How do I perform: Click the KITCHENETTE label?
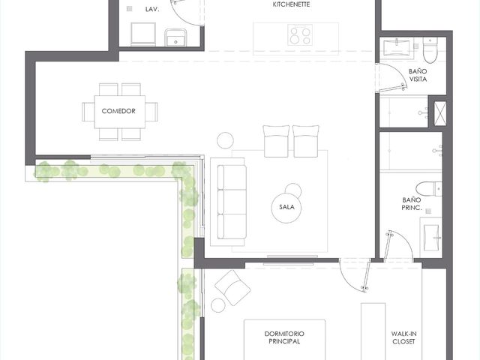[291, 4]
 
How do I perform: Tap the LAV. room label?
[152, 10]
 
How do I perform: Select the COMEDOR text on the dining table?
[118, 111]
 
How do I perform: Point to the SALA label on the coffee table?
[286, 207]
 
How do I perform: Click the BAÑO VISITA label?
[418, 75]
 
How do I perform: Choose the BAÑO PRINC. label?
[412, 204]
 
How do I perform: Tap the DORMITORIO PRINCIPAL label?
[284, 337]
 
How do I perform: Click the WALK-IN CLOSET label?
[403, 337]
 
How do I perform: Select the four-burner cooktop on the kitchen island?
[300, 35]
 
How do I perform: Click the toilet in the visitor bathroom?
[430, 50]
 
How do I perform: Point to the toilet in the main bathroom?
[429, 189]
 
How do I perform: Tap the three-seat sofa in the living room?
[232, 202]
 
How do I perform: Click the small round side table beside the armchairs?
[225, 140]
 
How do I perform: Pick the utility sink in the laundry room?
[175, 37]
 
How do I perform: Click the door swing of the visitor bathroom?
[391, 78]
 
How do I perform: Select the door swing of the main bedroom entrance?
[355, 275]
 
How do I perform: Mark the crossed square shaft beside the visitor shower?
[440, 113]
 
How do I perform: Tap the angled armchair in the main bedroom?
[232, 288]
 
